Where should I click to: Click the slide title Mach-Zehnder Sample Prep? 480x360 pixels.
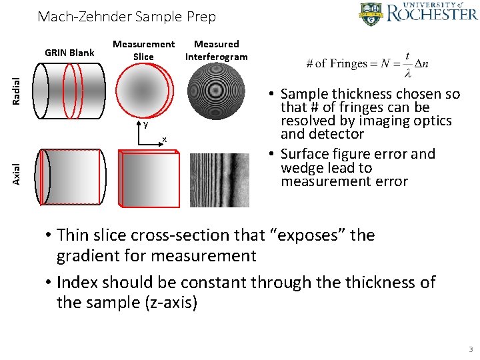pos(127,17)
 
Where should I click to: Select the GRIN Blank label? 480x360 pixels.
pos(69,53)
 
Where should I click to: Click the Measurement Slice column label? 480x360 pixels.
pos(143,51)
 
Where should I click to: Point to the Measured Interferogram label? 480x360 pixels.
pos(216,51)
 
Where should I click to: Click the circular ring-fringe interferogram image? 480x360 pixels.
pos(217,93)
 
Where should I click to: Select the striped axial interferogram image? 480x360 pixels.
pos(219,181)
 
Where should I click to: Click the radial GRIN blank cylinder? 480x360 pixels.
pos(69,91)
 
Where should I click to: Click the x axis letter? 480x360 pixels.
pos(165,138)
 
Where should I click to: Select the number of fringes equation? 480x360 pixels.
pos(367,63)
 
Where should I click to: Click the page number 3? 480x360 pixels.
pos(471,349)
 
